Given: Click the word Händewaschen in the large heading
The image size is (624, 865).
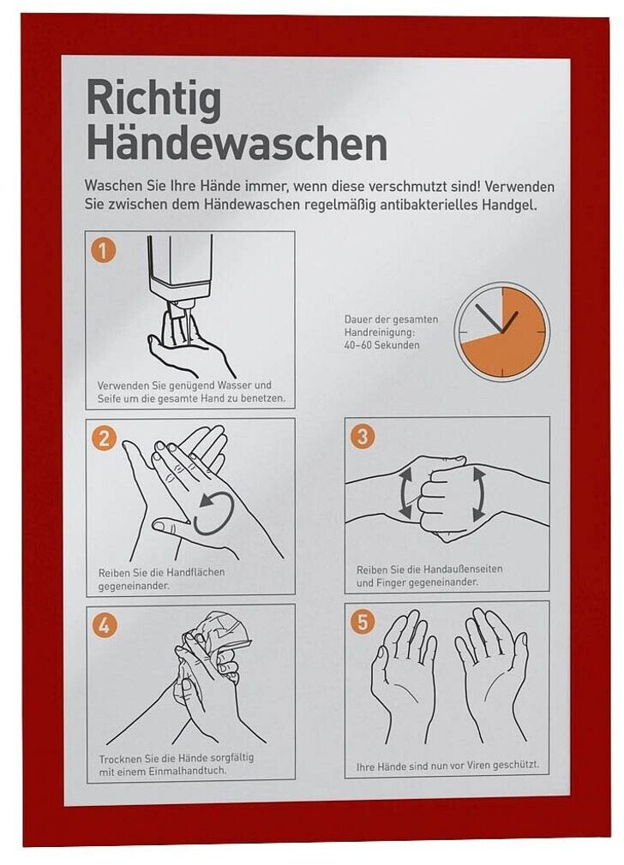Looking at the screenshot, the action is coord(237,144).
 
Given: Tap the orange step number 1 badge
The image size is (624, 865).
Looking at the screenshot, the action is coord(103,251).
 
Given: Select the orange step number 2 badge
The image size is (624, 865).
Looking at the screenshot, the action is coord(105,438).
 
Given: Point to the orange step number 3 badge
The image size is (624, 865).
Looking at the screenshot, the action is coord(363,436).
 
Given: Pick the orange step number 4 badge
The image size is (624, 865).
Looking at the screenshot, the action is coord(105,625).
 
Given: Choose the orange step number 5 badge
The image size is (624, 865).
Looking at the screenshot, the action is coord(363,622).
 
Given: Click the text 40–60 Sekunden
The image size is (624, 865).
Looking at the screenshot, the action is coord(381,345).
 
